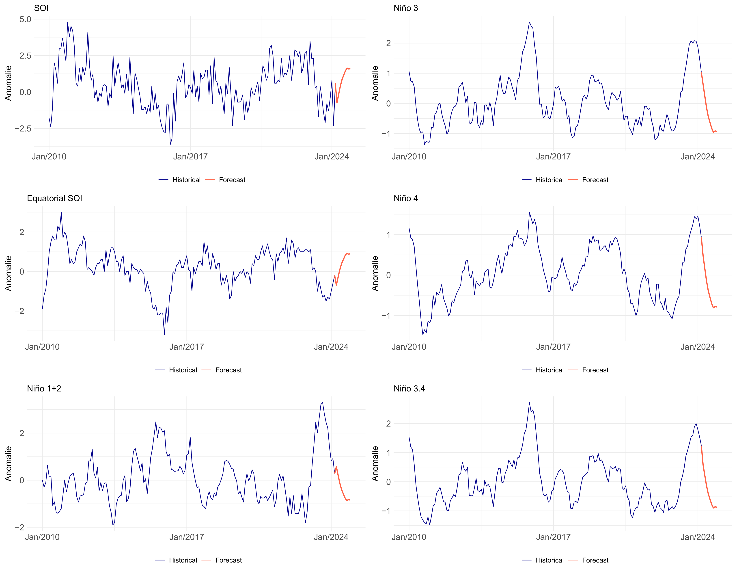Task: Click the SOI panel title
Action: click(x=41, y=8)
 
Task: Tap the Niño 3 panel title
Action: click(x=405, y=8)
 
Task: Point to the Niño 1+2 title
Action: click(x=44, y=388)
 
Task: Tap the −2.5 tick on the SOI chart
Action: click(x=23, y=129)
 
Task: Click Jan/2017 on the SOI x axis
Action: click(x=190, y=157)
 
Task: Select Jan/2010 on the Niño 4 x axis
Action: click(x=409, y=347)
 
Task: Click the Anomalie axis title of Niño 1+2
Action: click(x=8, y=463)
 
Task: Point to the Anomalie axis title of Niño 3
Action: click(x=375, y=83)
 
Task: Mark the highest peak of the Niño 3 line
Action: click(x=529, y=22)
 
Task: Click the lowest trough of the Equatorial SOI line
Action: click(x=164, y=334)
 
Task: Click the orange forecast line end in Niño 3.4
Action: click(x=716, y=507)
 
